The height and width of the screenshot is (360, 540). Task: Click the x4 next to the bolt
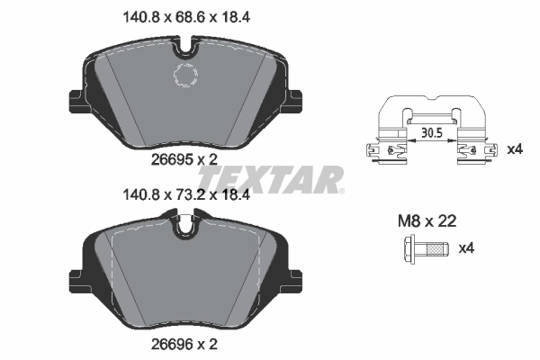click(468, 247)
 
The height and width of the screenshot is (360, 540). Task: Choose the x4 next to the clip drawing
click(514, 148)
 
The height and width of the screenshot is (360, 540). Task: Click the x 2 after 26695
click(207, 159)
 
